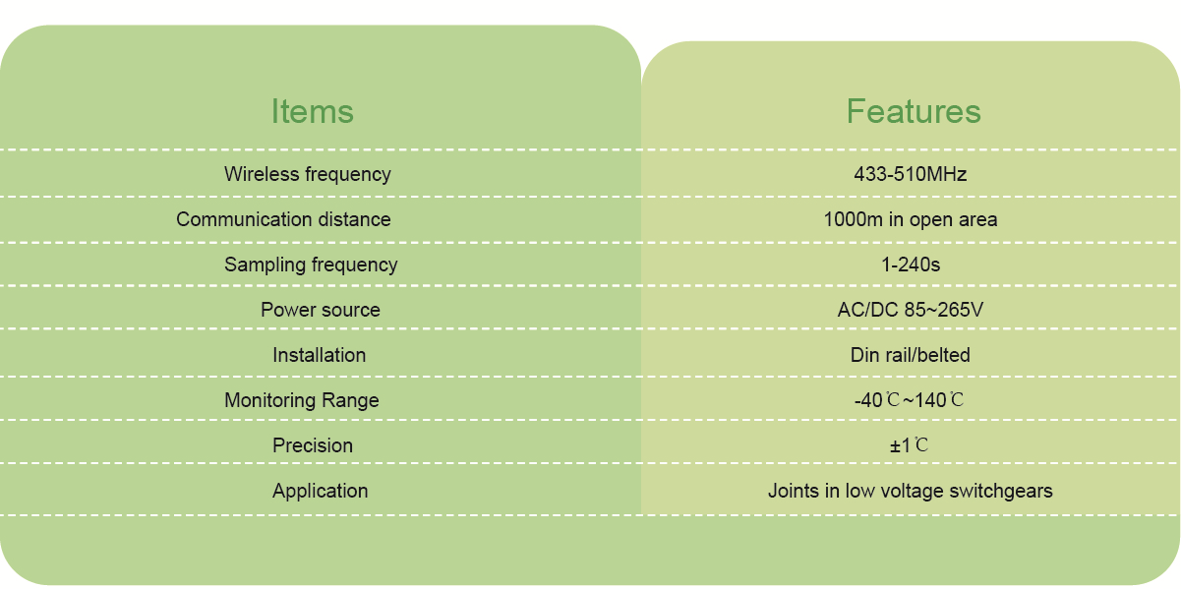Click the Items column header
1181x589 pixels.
(312, 111)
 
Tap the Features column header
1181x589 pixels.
(914, 111)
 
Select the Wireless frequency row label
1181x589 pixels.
(308, 175)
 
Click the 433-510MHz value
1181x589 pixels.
(910, 174)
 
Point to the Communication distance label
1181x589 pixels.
(283, 219)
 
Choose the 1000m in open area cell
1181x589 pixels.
(910, 220)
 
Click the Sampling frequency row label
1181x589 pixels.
(311, 265)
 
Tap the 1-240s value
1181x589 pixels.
(911, 265)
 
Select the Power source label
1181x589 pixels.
(320, 310)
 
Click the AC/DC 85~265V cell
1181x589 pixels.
(910, 310)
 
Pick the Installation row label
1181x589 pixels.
(319, 355)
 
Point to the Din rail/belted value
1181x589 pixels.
(910, 355)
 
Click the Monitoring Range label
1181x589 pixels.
(302, 401)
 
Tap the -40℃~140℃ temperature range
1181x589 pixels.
(909, 401)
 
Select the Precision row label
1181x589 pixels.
(312, 445)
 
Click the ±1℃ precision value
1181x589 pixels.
(909, 445)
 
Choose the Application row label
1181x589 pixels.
(320, 492)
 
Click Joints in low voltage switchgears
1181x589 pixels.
(910, 492)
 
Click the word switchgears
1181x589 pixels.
(1001, 492)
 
